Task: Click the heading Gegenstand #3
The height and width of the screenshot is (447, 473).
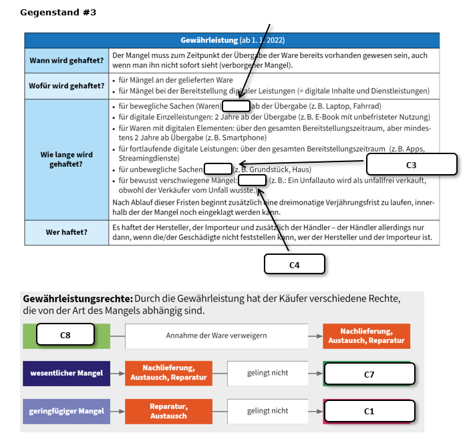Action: [58, 13]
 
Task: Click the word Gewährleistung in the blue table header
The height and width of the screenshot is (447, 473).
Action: [209, 40]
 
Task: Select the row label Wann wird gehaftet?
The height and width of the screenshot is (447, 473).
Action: [66, 61]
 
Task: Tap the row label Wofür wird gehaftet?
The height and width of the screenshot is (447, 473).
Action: [66, 86]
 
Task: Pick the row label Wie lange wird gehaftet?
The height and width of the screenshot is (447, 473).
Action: [66, 159]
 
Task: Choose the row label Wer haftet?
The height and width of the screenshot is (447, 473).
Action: [66, 232]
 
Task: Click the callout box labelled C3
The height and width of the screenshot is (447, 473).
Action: [412, 164]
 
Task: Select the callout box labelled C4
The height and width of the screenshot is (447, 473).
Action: [295, 264]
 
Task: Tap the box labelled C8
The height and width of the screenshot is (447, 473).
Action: [65, 334]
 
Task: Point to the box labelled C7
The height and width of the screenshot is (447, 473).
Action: [369, 374]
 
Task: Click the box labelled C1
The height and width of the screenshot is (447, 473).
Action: [369, 411]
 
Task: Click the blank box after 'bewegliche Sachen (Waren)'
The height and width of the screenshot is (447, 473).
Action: [236, 106]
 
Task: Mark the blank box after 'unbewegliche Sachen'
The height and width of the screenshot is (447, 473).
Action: [218, 169]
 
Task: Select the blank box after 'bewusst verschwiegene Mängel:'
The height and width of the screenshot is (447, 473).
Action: [252, 180]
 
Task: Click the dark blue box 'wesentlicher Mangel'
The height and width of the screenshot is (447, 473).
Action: [66, 373]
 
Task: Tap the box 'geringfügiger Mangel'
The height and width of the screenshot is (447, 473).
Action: [66, 412]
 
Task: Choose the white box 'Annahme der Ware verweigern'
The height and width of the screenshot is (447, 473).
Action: [216, 336]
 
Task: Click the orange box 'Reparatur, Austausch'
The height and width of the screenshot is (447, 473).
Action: [168, 412]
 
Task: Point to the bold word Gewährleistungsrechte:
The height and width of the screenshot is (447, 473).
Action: [77, 299]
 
